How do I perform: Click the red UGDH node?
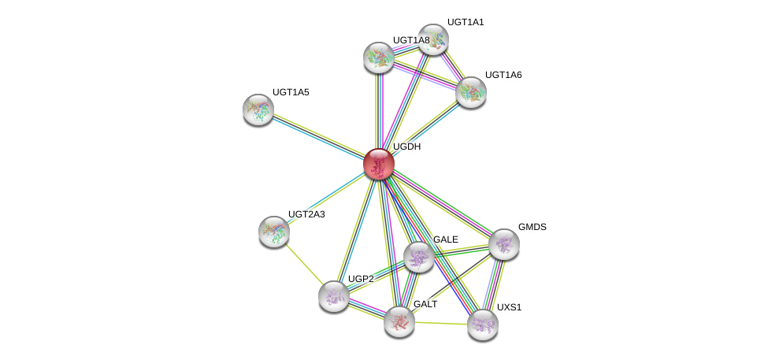tap(378, 164)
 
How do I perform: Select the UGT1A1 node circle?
tap(432, 39)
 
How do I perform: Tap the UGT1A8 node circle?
tap(379, 57)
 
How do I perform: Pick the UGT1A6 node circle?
tap(471, 92)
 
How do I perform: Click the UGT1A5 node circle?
tap(258, 109)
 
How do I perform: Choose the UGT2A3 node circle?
tap(274, 231)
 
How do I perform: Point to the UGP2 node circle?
tap(334, 295)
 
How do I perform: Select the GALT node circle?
tap(399, 321)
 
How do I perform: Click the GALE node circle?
tap(418, 256)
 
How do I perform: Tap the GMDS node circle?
tap(504, 244)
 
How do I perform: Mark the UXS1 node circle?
tap(482, 324)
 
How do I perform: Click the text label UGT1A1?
tap(466, 22)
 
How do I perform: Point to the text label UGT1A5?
tap(291, 92)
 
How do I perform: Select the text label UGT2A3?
tap(306, 214)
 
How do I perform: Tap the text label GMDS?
tap(532, 227)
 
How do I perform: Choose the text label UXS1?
tap(509, 307)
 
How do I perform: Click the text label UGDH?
tap(406, 147)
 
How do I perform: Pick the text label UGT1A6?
tap(503, 75)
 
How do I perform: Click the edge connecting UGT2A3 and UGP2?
tap(304, 263)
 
